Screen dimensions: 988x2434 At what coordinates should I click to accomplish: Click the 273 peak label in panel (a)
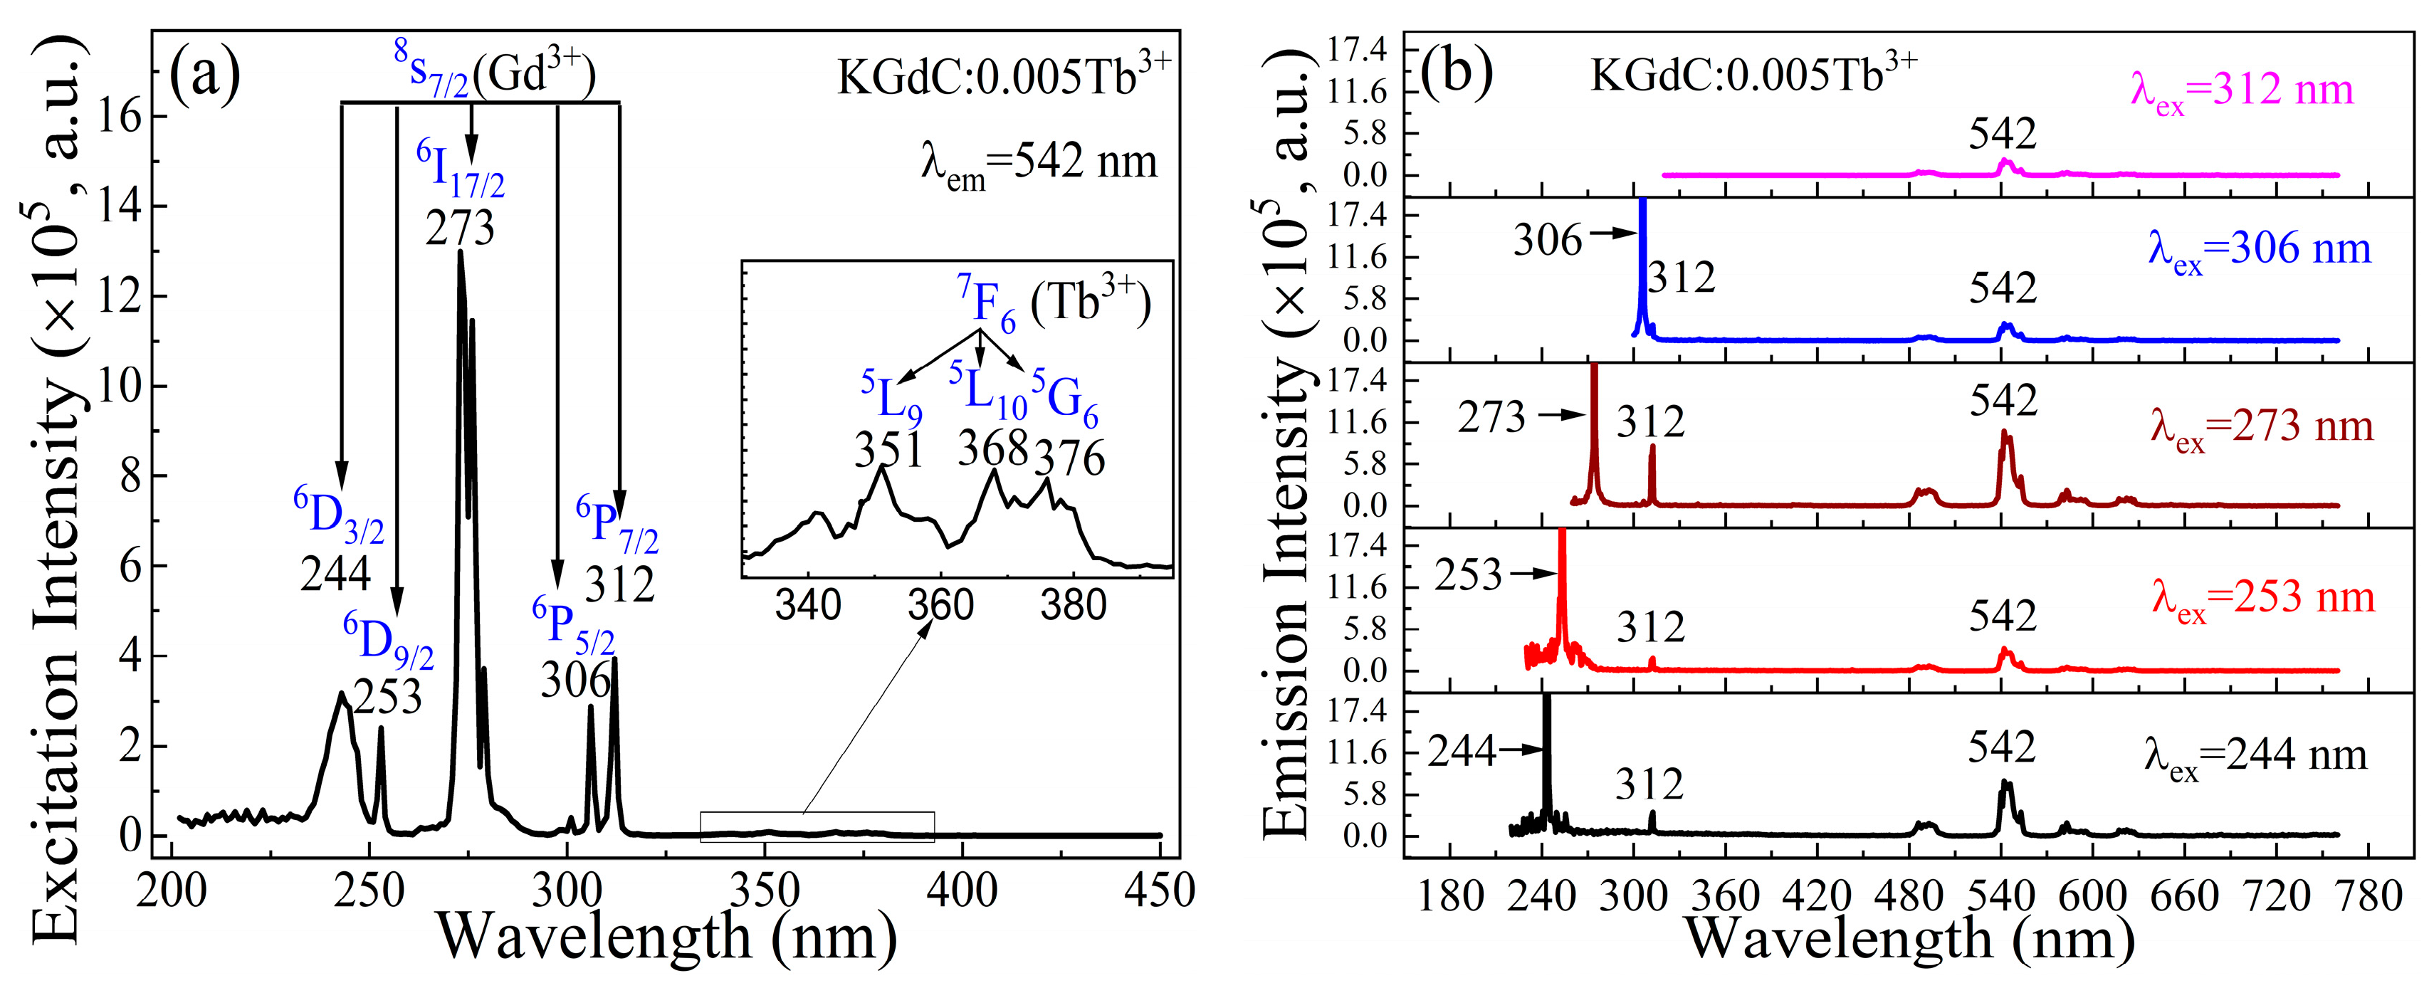pos(460,228)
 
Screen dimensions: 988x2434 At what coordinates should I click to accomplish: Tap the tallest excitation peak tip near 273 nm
pos(460,252)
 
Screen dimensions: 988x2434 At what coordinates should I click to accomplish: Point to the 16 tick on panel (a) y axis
pos(119,116)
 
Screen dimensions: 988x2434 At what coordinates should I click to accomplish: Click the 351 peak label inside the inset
pos(888,451)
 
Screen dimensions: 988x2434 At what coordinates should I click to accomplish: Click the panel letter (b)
pos(1456,71)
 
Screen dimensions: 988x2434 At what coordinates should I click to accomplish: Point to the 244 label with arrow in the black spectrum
pos(1462,752)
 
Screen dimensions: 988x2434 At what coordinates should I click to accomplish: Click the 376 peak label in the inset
pos(1069,459)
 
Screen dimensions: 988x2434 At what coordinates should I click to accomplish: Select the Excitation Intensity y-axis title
pos(57,491)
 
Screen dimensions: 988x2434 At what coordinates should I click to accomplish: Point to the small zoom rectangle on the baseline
pos(817,826)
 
